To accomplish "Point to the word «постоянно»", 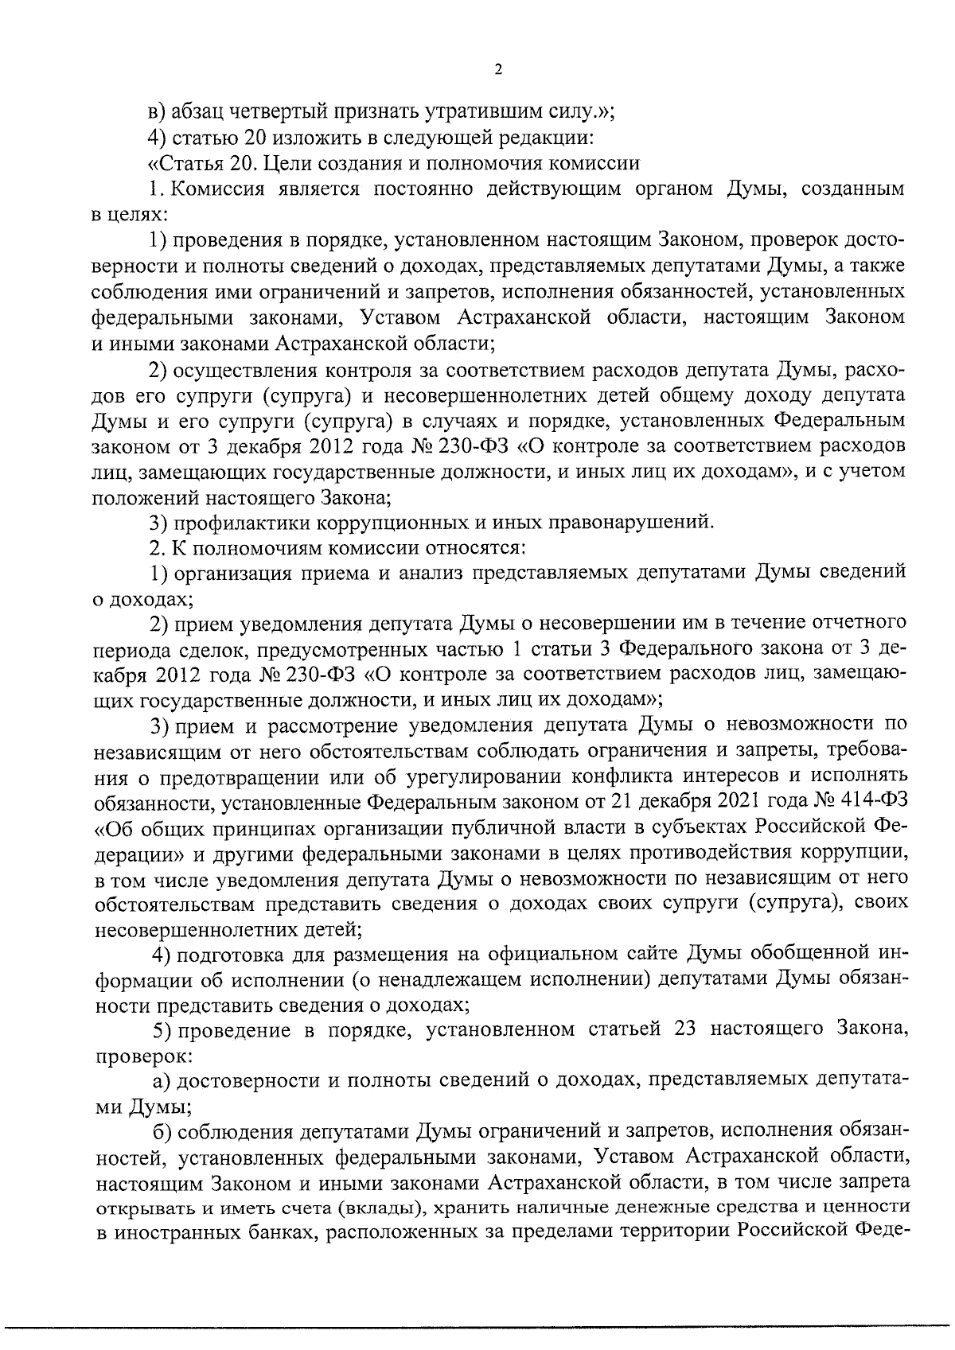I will coord(423,189).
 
